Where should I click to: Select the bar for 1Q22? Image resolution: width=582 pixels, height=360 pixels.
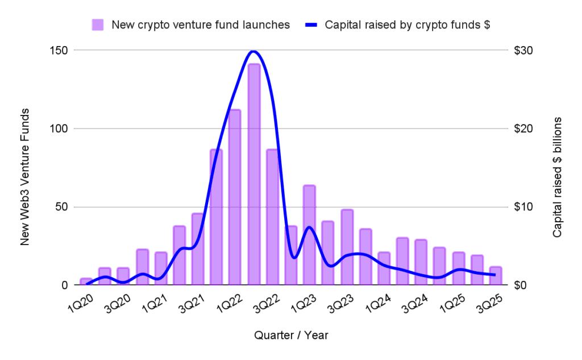tap(235, 197)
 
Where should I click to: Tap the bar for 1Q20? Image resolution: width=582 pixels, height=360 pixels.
tap(86, 282)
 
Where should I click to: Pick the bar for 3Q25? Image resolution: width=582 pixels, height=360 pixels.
tap(496, 276)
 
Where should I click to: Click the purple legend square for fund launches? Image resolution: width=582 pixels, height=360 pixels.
tap(98, 24)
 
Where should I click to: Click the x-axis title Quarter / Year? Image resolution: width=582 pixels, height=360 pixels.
tap(291, 336)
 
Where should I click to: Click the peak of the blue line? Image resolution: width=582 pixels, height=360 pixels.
tap(253, 51)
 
